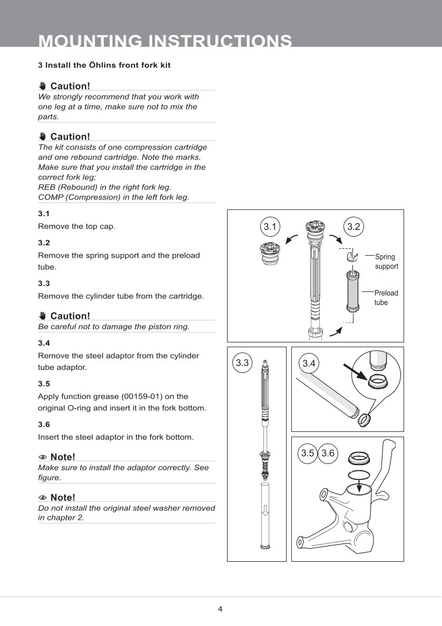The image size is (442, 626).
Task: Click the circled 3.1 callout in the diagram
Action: pyautogui.click(x=270, y=227)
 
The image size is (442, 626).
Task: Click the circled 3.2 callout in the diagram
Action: pyautogui.click(x=353, y=227)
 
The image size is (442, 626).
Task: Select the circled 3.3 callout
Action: pyautogui.click(x=242, y=362)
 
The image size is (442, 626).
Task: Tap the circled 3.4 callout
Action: pyautogui.click(x=309, y=363)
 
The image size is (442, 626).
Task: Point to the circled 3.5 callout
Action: pyautogui.click(x=308, y=453)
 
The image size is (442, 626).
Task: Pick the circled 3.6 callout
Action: pyautogui.click(x=328, y=453)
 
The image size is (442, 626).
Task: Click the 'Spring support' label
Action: pyautogui.click(x=386, y=261)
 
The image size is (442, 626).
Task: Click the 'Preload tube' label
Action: pyautogui.click(x=386, y=298)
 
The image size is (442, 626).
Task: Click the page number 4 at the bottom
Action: pyautogui.click(x=220, y=609)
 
